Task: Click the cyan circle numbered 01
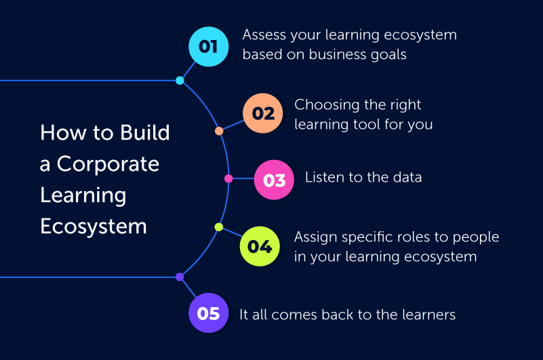[209, 46]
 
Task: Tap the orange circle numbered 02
[263, 113]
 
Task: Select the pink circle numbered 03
[274, 180]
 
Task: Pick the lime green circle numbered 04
[260, 246]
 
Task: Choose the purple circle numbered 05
[209, 313]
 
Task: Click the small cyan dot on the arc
[180, 81]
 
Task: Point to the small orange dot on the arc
[219, 131]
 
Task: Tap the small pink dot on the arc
[228, 178]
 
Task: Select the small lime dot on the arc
[219, 227]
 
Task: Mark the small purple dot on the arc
[180, 277]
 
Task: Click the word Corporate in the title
[108, 164]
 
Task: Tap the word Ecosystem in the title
[94, 227]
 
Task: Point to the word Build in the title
[145, 132]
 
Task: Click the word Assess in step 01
[264, 35]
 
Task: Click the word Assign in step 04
[315, 238]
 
